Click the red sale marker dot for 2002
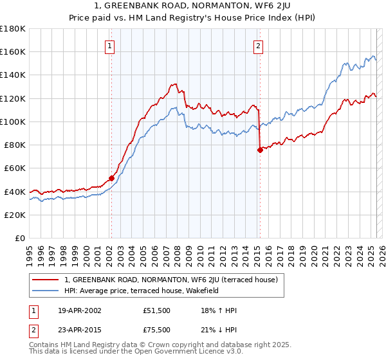[111, 178]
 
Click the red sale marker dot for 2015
[260, 150]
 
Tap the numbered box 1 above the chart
[110, 46]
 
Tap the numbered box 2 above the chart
[258, 46]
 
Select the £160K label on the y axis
[13, 52]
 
